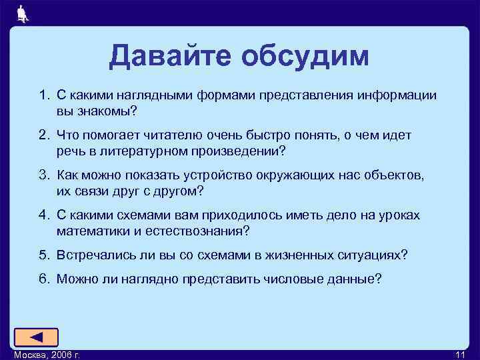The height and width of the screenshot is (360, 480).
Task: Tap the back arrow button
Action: click(x=36, y=337)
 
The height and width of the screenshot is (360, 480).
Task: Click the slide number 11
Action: click(x=461, y=354)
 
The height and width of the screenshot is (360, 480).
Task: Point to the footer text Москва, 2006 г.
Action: click(x=47, y=354)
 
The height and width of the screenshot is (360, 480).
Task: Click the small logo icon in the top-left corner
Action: click(x=23, y=14)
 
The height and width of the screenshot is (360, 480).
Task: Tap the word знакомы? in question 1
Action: click(x=110, y=110)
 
